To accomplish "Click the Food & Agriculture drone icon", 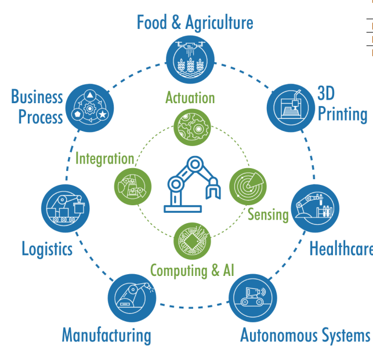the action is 190,60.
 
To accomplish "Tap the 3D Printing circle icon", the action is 291,108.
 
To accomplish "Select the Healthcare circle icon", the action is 315,209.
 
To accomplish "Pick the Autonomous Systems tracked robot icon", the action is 253,298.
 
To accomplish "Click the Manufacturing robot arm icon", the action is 132,298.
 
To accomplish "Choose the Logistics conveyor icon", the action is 66,209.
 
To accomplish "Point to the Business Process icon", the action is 90,108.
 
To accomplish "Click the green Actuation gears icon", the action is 192,128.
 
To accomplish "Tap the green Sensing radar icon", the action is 248,187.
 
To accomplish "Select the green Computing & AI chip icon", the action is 192,241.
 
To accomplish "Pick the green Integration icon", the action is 133,187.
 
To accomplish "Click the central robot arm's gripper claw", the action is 213,188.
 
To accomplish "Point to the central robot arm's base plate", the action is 183,209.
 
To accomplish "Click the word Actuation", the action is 190,98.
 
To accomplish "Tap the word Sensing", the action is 268,214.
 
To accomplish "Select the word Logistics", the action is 47,249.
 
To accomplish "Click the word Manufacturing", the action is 107,336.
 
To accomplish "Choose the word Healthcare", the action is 341,249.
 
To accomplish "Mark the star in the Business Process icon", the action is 103,115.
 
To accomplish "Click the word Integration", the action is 104,159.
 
